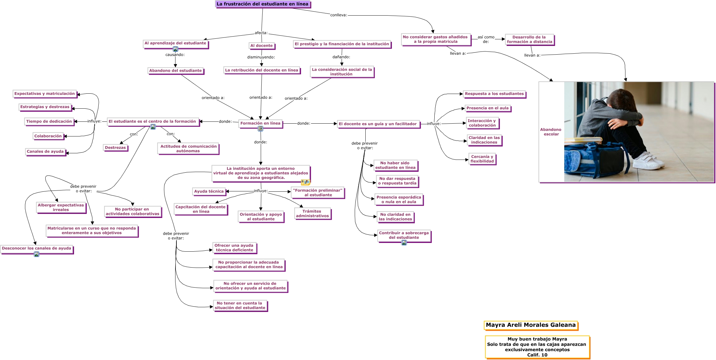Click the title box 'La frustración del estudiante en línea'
click(263, 4)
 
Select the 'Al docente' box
click(262, 46)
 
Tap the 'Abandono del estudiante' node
click(175, 71)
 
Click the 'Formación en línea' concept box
click(260, 123)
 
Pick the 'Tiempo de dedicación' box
click(49, 121)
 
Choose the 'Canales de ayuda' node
click(45, 151)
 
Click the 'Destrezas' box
click(115, 148)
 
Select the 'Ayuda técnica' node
click(209, 191)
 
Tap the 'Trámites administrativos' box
click(312, 214)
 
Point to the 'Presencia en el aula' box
click(487, 108)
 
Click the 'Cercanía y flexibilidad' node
click(482, 159)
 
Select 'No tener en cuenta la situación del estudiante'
click(240, 305)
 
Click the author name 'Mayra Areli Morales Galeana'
click(531, 325)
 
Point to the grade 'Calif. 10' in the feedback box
click(537, 355)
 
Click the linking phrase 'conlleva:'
click(339, 15)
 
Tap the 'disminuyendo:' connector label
click(261, 57)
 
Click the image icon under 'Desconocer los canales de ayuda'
click(37, 254)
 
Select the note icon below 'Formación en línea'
click(260, 129)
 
